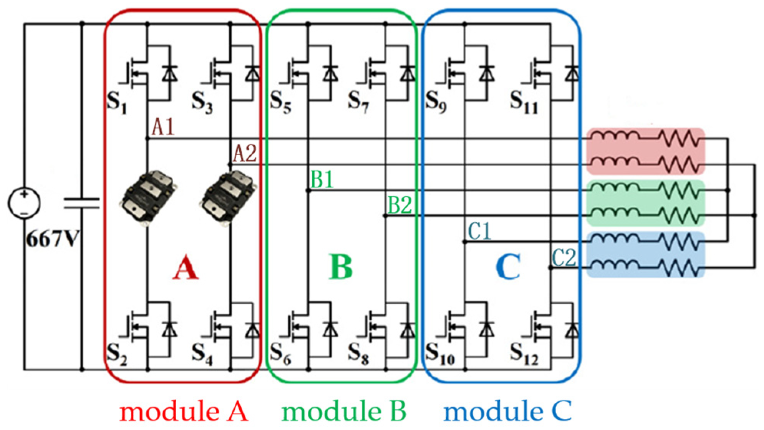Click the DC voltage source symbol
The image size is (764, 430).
(x=24, y=203)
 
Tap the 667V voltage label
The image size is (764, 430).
(x=52, y=239)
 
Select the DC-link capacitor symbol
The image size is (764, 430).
(x=81, y=203)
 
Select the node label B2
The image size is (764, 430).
(x=400, y=204)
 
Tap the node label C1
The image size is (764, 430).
(x=479, y=231)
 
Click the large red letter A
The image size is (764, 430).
(x=186, y=267)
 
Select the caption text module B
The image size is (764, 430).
(x=344, y=411)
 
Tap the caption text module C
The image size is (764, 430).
(x=507, y=411)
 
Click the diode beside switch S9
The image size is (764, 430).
(x=487, y=73)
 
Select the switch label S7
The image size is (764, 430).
(x=358, y=102)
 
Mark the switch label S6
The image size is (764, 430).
(x=280, y=353)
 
